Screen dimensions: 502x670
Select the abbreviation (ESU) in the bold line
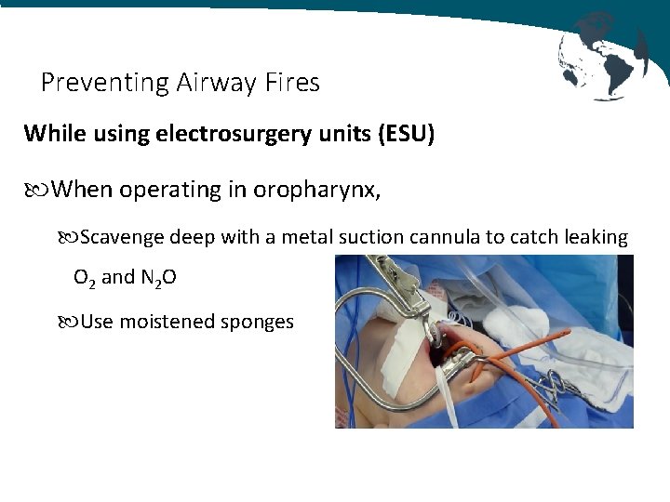point(406,134)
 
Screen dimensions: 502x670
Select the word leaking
point(596,238)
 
